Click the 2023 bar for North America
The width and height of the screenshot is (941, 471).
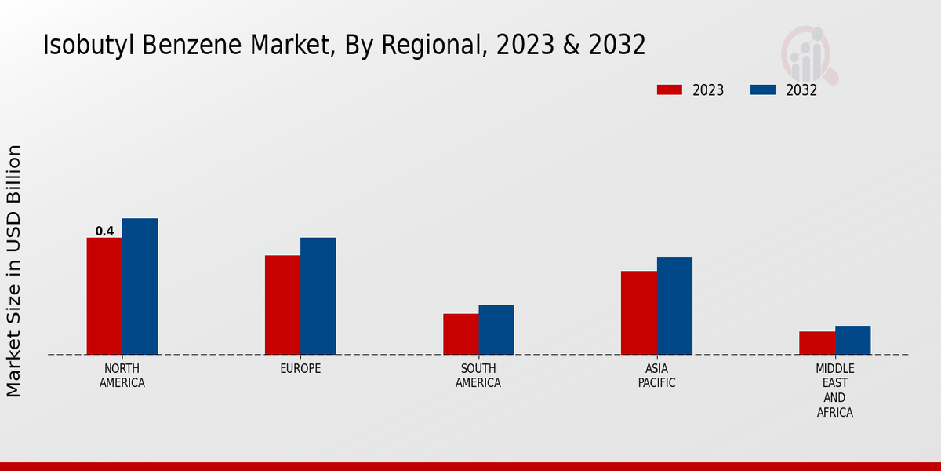coord(104,296)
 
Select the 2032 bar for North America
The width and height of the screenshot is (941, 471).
coord(140,287)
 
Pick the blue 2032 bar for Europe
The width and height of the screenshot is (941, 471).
coord(318,296)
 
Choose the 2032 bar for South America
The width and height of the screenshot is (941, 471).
coord(496,330)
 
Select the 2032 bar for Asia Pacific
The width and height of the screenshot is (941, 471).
coord(674,306)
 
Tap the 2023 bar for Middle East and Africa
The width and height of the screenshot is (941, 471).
coord(817,343)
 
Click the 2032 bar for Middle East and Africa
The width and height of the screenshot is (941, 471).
coord(852,340)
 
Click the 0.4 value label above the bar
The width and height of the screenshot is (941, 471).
coord(104,232)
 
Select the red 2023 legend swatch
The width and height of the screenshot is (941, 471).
coord(669,89)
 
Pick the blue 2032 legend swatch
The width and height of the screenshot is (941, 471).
coord(762,89)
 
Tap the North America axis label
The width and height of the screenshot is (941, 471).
coord(122,376)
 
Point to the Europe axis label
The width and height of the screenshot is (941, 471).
coord(300,369)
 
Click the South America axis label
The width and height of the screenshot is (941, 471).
coord(478,376)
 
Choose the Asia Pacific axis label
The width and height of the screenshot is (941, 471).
coord(656,376)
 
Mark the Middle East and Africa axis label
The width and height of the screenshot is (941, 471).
coord(835,390)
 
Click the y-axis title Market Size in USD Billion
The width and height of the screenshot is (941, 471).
coord(14,271)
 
